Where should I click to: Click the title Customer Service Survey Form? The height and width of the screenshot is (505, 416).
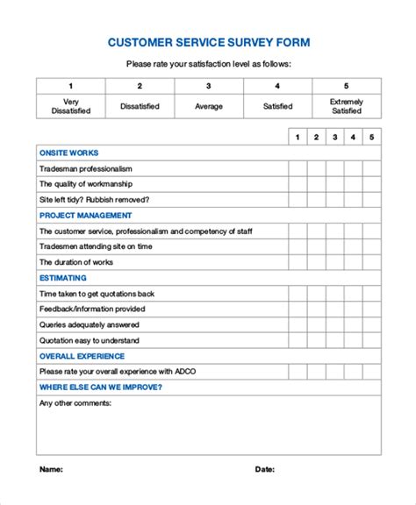[208, 41]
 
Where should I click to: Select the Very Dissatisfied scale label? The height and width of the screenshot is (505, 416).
[70, 106]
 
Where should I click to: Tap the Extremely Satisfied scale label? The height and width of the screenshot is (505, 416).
[346, 106]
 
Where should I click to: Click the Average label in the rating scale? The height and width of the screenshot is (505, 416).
[208, 106]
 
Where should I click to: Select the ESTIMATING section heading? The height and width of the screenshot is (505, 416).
[64, 278]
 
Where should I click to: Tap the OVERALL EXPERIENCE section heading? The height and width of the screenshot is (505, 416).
[82, 356]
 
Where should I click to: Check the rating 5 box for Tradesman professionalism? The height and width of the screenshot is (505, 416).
[372, 168]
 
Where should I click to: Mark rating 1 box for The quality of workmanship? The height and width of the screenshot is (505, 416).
[298, 184]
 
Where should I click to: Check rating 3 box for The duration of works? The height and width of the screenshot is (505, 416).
[334, 262]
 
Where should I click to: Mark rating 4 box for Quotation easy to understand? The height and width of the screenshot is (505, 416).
[353, 340]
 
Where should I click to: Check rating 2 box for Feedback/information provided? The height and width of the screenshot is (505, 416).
[316, 309]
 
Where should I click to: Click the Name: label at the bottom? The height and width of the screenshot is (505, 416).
[51, 469]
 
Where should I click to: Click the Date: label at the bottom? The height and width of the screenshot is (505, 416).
[264, 469]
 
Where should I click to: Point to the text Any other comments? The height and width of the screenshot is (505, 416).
[75, 403]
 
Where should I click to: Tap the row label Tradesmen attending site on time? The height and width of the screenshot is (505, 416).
[97, 246]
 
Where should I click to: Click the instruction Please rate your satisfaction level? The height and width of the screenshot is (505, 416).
[208, 63]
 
